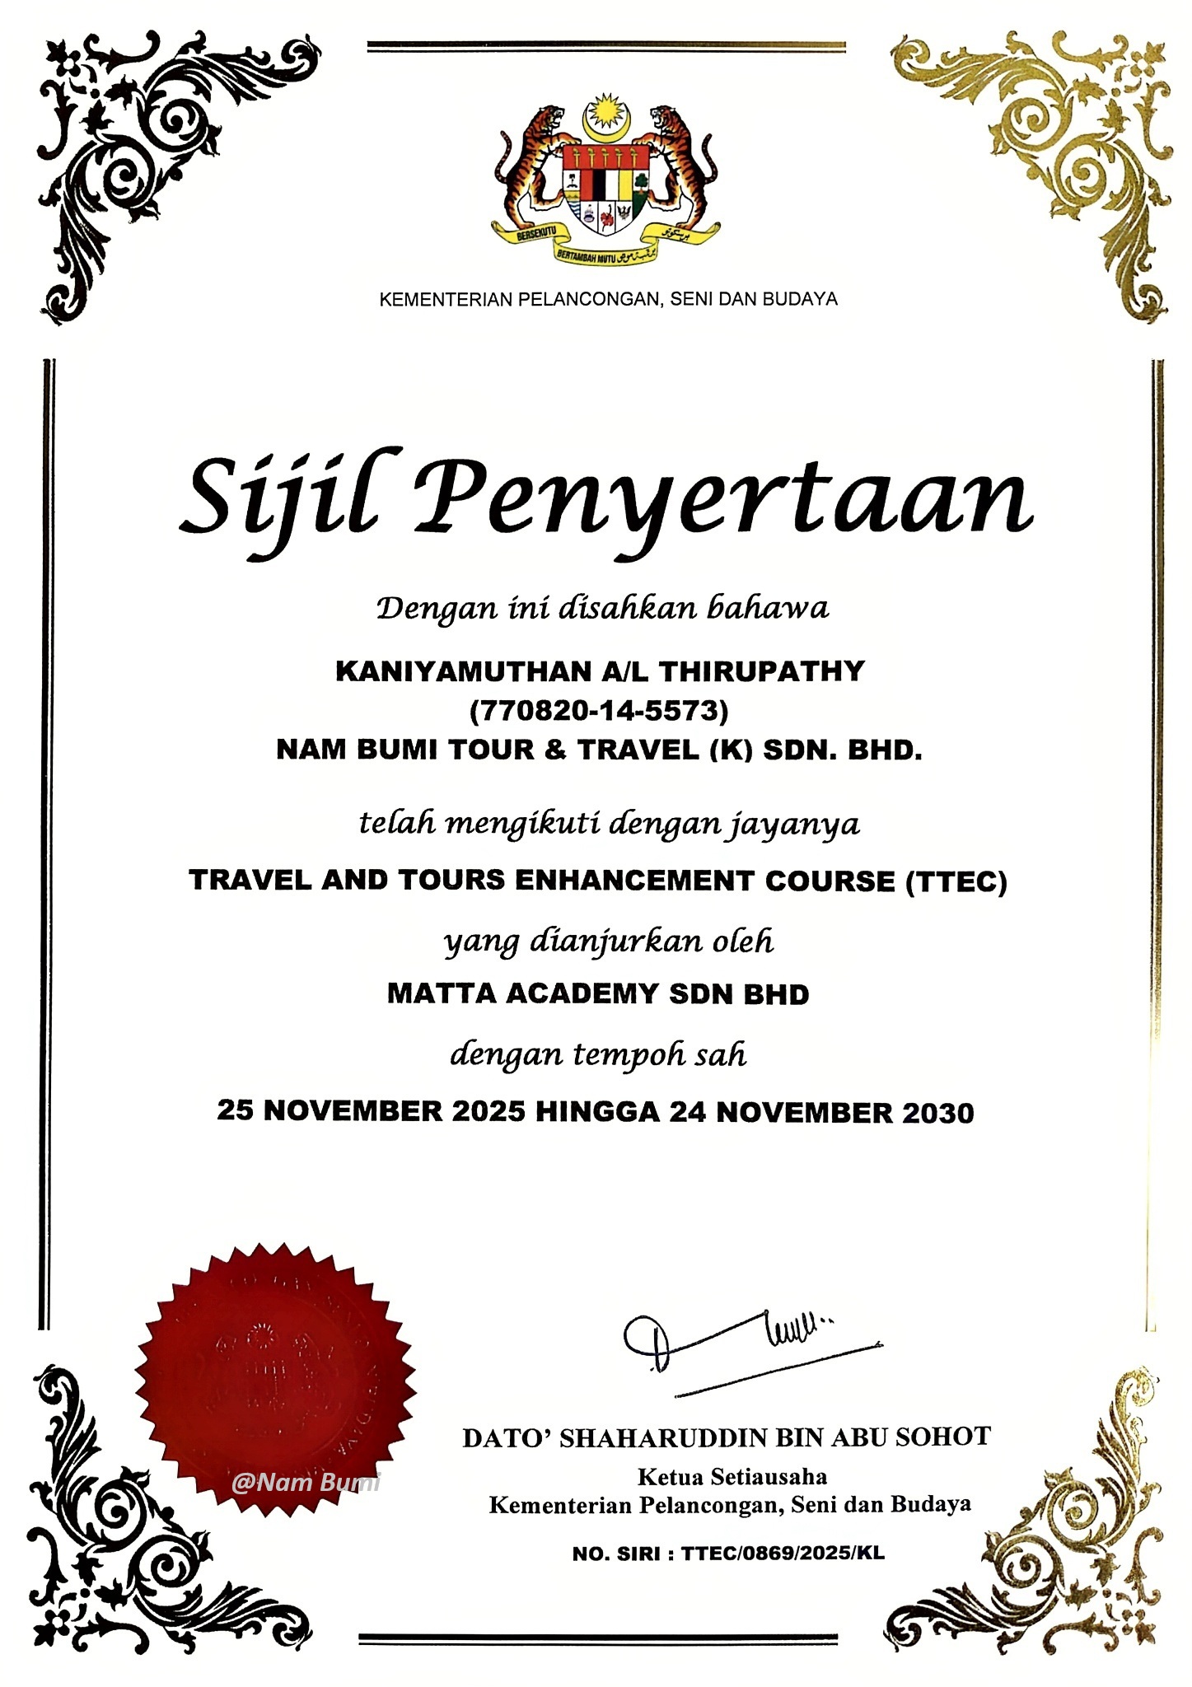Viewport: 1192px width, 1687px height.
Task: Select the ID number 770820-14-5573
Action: click(x=599, y=709)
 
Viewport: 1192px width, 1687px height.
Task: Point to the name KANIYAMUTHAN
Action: click(x=461, y=671)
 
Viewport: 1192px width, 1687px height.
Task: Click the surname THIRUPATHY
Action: click(x=762, y=671)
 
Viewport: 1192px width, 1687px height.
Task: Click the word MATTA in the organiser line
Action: click(x=442, y=994)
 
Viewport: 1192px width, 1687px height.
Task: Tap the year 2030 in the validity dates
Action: click(x=938, y=1113)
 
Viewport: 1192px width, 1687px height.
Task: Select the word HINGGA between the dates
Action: click(x=597, y=1112)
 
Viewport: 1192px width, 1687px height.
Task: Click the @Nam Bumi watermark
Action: click(x=306, y=1483)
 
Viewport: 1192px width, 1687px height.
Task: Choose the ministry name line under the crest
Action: click(x=608, y=299)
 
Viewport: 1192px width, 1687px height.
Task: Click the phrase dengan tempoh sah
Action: click(x=598, y=1055)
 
